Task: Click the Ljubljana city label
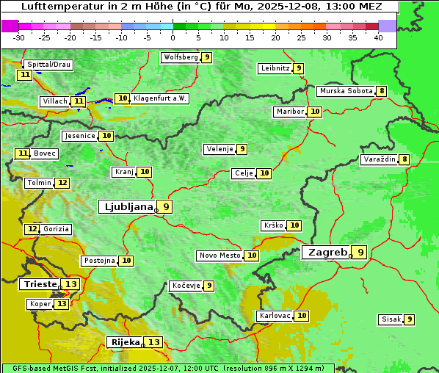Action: pyautogui.click(x=126, y=206)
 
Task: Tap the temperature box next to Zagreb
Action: pyautogui.click(x=360, y=253)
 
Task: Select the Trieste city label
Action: pyautogui.click(x=40, y=284)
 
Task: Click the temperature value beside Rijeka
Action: pyautogui.click(x=153, y=342)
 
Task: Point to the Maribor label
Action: pyautogui.click(x=289, y=112)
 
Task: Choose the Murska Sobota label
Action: pyautogui.click(x=346, y=91)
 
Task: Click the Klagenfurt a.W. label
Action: pyautogui.click(x=159, y=98)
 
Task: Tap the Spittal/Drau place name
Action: pyautogui.click(x=49, y=65)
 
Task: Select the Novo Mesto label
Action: pyautogui.click(x=219, y=256)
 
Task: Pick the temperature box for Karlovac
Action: pyautogui.click(x=302, y=316)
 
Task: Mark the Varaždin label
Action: pyautogui.click(x=379, y=159)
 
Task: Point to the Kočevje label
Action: pyautogui.click(x=186, y=286)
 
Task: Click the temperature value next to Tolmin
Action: pyautogui.click(x=62, y=183)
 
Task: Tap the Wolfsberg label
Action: pyautogui.click(x=181, y=57)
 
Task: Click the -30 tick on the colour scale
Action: pyautogui.click(x=19, y=37)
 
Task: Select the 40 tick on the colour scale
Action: pyautogui.click(x=378, y=37)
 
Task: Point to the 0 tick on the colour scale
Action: pyautogui.click(x=173, y=37)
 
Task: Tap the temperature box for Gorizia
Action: pyautogui.click(x=32, y=229)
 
